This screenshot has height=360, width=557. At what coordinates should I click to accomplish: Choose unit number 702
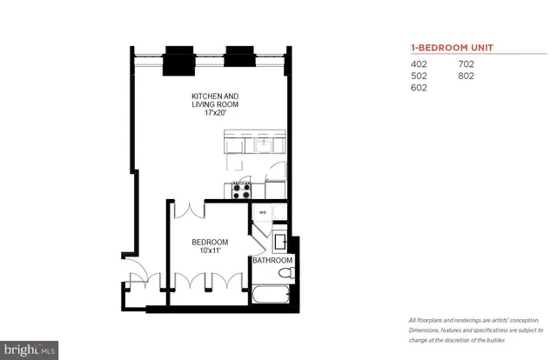(x=466, y=63)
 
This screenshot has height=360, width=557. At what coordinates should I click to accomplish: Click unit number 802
(x=466, y=76)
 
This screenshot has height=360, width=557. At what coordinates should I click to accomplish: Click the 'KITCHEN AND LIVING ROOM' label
(x=215, y=100)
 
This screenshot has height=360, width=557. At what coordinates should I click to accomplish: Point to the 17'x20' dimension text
(x=215, y=112)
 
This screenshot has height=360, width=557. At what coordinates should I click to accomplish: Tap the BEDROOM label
(x=210, y=242)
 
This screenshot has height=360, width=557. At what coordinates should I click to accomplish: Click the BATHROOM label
(x=272, y=260)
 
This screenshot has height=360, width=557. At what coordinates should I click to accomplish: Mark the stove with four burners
(x=240, y=188)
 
